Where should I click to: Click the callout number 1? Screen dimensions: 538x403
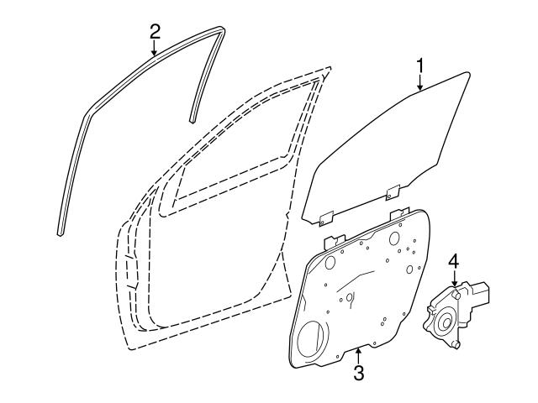(x=420, y=66)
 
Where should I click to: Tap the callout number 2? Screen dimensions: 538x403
(x=155, y=32)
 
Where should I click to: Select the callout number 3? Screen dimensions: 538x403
(x=358, y=373)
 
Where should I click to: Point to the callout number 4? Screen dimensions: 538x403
(x=454, y=261)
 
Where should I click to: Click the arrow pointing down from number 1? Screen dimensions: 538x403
(x=420, y=82)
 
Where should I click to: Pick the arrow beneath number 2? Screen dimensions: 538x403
(x=155, y=48)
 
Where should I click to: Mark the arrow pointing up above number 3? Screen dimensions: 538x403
(x=358, y=356)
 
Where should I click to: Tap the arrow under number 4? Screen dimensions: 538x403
(x=454, y=278)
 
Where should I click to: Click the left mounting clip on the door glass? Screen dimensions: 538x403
(x=326, y=218)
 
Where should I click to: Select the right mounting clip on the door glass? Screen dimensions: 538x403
(x=393, y=192)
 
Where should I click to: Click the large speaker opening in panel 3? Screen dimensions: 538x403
(x=313, y=338)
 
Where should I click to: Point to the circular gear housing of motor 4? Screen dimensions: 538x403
(x=445, y=321)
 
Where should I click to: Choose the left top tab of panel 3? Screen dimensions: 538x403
(x=335, y=242)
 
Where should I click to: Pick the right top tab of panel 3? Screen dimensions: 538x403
(x=400, y=212)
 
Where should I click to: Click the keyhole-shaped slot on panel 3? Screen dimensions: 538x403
(x=350, y=299)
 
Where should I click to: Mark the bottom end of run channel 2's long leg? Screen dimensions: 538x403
(x=60, y=233)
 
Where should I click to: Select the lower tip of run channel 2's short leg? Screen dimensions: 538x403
(x=192, y=120)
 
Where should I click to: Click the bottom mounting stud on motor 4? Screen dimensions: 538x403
(x=456, y=345)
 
